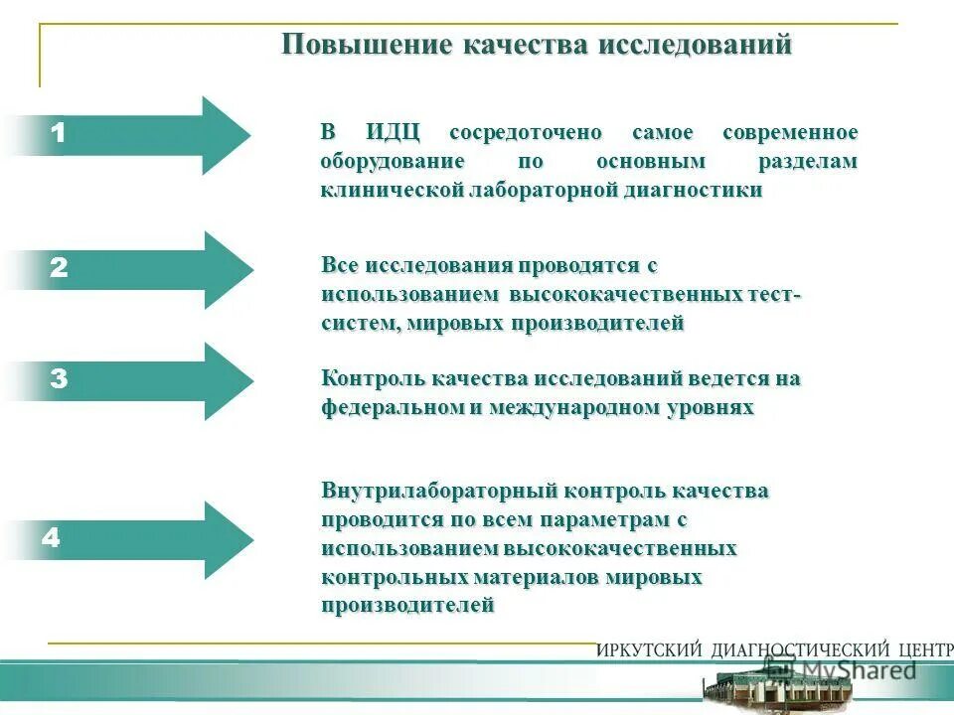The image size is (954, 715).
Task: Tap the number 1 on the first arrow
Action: tap(59, 133)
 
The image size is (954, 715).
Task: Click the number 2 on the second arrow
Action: tap(59, 268)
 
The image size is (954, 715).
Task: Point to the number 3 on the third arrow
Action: tap(59, 379)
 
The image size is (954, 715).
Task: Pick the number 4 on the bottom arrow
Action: tap(51, 539)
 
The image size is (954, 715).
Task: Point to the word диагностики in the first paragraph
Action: tap(698, 191)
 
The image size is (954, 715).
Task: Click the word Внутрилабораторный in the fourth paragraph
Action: tap(438, 492)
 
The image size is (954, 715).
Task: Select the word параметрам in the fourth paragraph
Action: tap(600, 520)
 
